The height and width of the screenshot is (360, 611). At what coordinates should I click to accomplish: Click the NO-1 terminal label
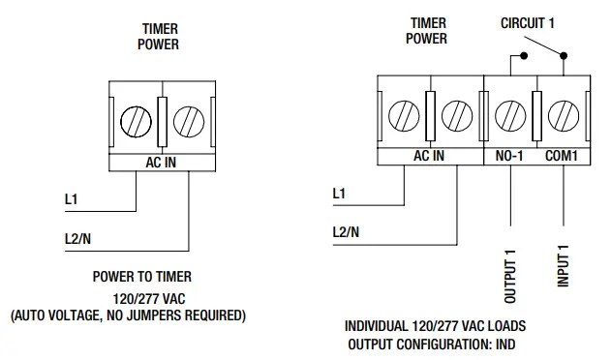point(509,156)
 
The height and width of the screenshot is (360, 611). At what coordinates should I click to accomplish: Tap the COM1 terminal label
point(562,156)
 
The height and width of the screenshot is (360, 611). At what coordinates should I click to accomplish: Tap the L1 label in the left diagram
point(71,200)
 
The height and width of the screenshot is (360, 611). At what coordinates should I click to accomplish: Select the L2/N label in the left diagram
point(78,238)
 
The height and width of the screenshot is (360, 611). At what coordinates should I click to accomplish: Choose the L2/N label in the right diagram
point(347,232)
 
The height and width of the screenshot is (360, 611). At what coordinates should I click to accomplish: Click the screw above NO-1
point(509,117)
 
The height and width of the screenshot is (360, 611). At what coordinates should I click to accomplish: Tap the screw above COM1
point(562,117)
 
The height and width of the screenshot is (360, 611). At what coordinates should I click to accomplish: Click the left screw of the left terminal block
point(135,123)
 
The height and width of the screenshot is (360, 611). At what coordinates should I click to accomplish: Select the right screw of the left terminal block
point(188,123)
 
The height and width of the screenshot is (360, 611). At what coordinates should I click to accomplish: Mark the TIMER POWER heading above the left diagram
point(159,37)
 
